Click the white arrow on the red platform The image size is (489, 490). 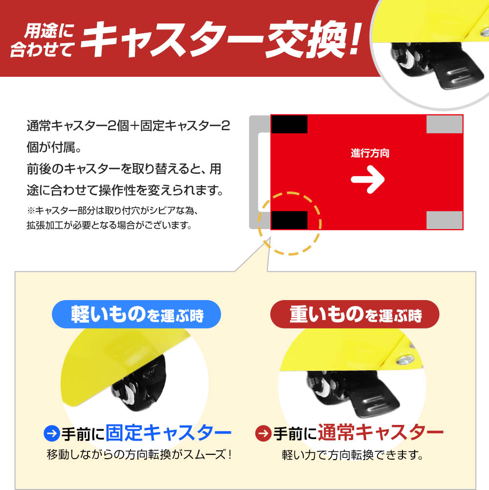click(x=368, y=179)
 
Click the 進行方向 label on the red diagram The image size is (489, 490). click(x=370, y=153)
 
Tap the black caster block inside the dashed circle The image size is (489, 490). click(x=289, y=220)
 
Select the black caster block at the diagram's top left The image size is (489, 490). click(x=289, y=124)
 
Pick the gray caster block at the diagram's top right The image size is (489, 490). click(x=445, y=124)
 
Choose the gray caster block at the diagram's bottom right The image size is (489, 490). click(x=445, y=220)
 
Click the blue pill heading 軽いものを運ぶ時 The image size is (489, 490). click(x=136, y=314)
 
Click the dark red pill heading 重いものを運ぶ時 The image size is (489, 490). click(x=355, y=314)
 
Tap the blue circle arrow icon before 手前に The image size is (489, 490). click(x=52, y=433)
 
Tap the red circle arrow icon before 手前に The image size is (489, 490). click(x=263, y=433)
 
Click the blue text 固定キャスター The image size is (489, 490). click(x=169, y=433)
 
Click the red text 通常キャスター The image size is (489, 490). click(x=380, y=433)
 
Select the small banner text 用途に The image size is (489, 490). click(x=49, y=31)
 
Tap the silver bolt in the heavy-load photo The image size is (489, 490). click(x=405, y=360)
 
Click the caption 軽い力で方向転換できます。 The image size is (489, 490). click(x=353, y=455)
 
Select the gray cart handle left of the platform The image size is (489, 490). click(x=254, y=172)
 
